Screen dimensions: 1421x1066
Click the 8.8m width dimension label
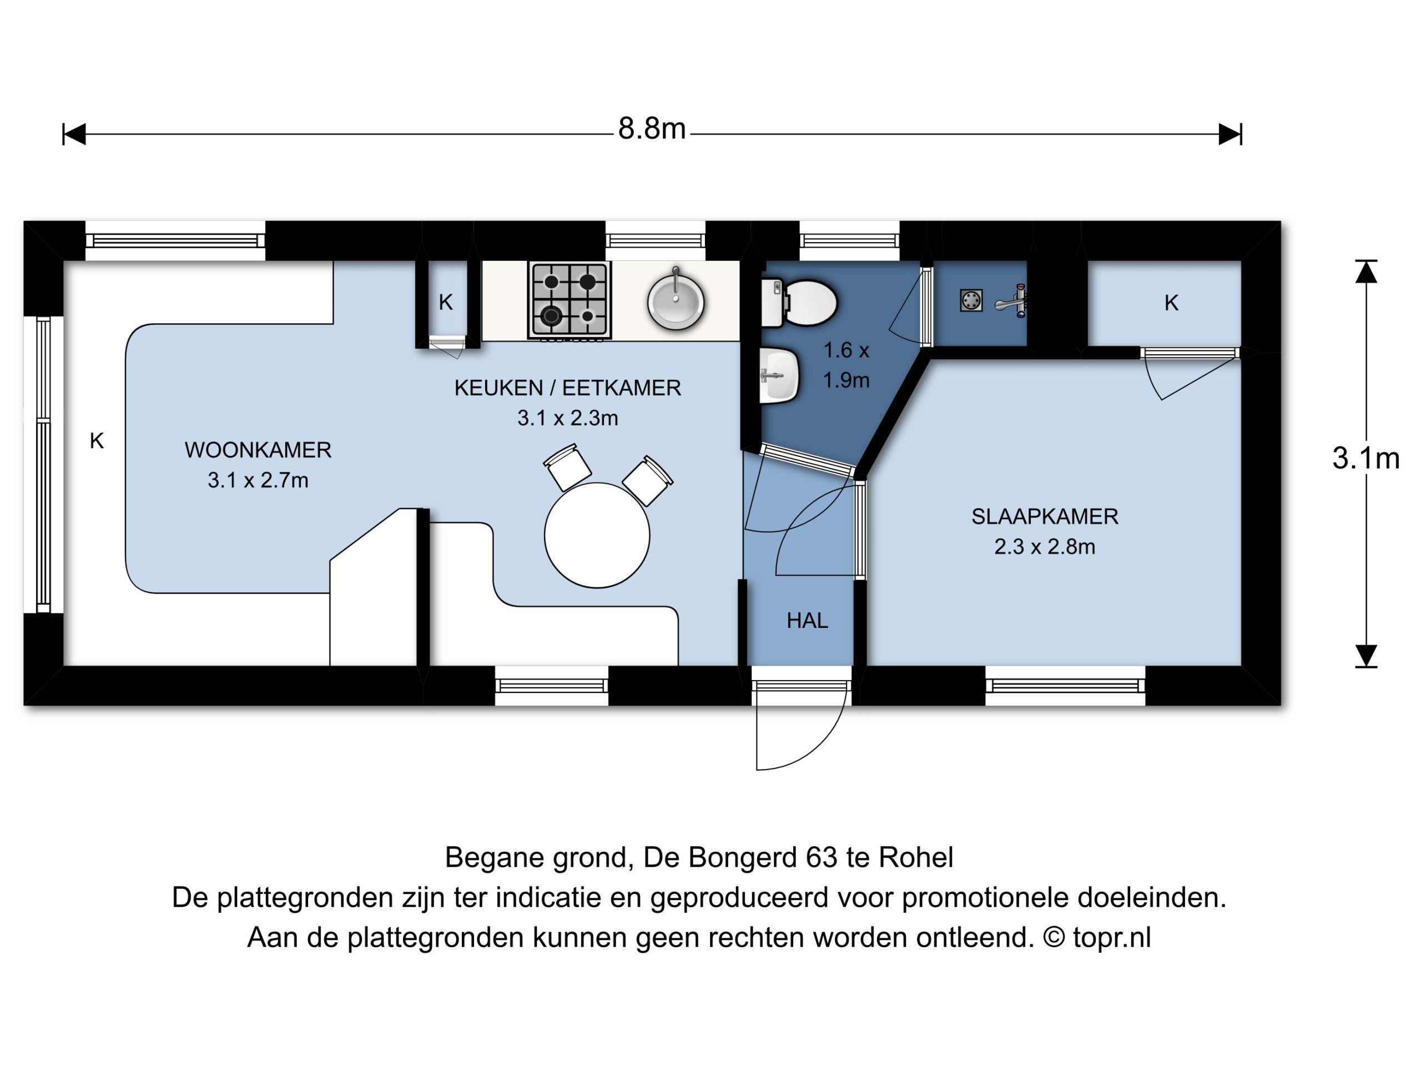pos(652,128)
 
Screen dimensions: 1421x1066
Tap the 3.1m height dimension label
pos(1365,458)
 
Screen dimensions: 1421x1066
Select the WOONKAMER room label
pos(258,450)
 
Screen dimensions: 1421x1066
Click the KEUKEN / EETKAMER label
pos(568,388)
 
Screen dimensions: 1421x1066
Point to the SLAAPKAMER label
pos(1045,516)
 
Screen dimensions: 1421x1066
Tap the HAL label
pos(808,620)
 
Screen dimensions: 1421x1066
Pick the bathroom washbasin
pos(779,375)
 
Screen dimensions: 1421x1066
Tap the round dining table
pos(597,535)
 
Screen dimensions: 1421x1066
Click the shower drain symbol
pos(971,300)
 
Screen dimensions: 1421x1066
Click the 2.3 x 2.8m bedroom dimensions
pos(1045,547)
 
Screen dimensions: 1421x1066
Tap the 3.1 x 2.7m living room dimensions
pos(258,480)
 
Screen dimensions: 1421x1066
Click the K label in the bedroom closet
pos(1171,303)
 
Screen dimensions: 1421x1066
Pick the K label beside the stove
pos(446,302)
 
